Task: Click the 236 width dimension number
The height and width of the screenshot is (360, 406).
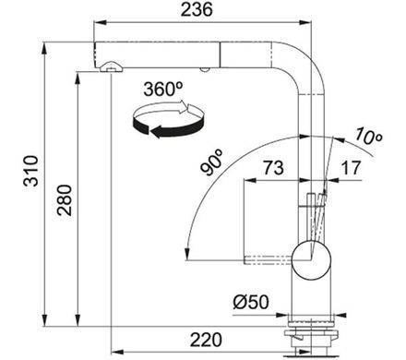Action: point(197,9)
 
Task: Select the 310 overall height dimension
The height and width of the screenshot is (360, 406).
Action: point(31,171)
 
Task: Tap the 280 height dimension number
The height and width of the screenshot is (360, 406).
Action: point(65,200)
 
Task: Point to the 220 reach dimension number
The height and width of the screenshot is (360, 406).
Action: point(206,340)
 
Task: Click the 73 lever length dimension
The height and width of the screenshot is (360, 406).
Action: point(273,168)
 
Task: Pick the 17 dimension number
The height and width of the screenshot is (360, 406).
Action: point(351,168)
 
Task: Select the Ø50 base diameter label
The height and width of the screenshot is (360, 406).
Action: point(251,302)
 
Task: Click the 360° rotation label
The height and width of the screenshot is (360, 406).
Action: point(163,89)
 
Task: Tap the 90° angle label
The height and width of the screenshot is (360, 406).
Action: point(212,162)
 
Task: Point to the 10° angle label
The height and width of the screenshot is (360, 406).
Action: point(368,137)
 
